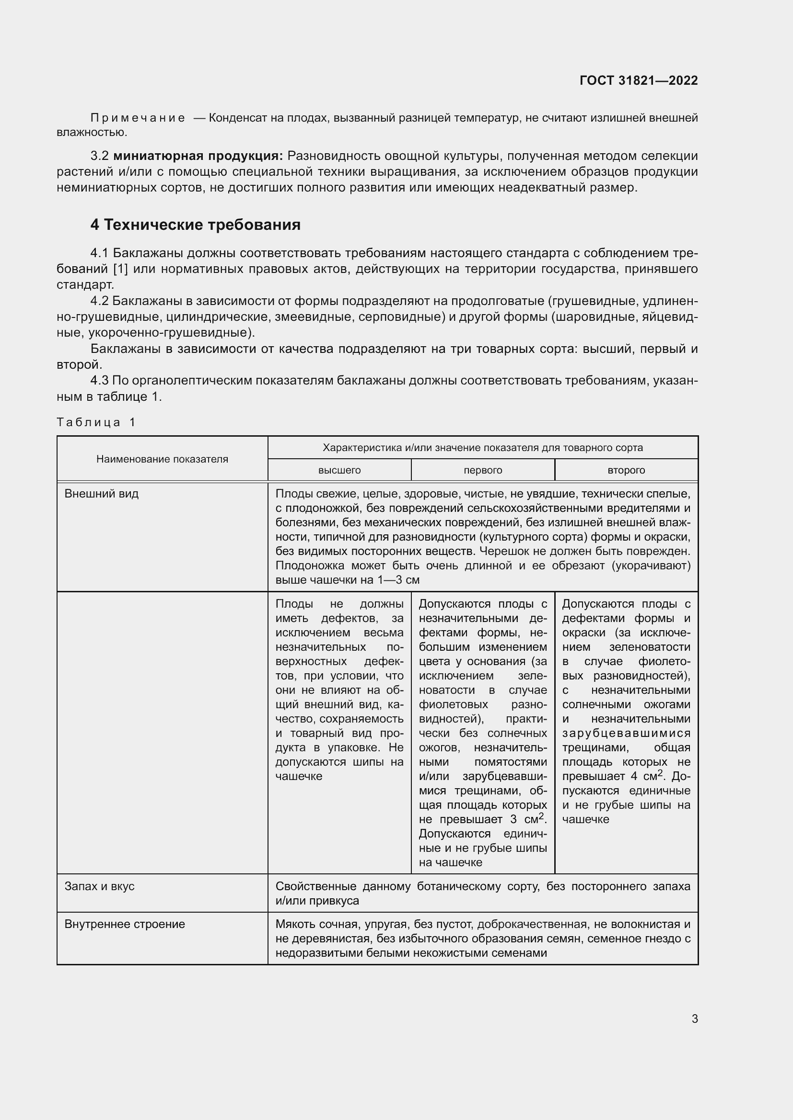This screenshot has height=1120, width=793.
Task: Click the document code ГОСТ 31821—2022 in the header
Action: tap(638, 80)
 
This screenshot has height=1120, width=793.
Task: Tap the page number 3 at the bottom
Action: tap(694, 1018)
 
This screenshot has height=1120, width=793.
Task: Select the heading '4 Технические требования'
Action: tap(195, 225)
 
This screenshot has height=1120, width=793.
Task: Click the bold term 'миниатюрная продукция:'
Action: tap(198, 156)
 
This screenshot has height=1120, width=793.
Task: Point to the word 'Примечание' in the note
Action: tap(138, 118)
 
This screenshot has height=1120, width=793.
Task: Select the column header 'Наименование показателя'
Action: tap(162, 459)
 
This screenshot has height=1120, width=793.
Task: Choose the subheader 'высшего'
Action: tap(339, 470)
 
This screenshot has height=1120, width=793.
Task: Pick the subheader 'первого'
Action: tap(482, 470)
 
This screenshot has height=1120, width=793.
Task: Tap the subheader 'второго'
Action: tap(626, 470)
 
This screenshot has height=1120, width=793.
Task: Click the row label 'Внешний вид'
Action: tap(102, 494)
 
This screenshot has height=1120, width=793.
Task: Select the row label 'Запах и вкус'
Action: tap(99, 886)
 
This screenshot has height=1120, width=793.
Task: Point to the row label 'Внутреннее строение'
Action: tap(125, 924)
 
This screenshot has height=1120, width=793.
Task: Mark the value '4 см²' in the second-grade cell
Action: tap(646, 776)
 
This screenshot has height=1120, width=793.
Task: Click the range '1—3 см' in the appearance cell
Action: tap(398, 580)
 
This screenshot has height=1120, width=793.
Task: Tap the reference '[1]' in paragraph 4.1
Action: tap(120, 269)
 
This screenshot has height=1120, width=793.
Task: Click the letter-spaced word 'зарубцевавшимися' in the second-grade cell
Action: tap(626, 733)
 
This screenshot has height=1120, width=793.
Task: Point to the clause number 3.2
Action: tap(99, 156)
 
